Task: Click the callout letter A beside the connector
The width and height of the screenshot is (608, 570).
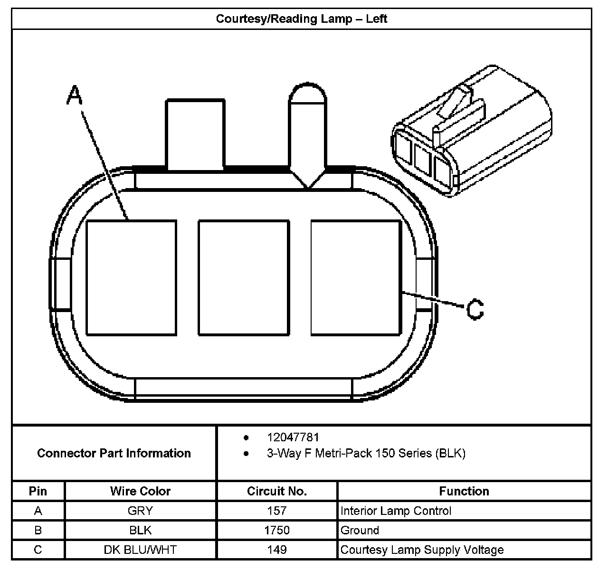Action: tap(74, 95)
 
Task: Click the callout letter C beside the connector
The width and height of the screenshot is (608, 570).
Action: tap(475, 309)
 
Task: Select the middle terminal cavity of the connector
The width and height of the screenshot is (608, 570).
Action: tap(244, 278)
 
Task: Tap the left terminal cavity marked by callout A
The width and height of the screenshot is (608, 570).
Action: tap(131, 278)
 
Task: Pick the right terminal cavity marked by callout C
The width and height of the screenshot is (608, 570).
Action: tap(356, 278)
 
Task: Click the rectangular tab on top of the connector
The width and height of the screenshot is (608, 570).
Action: tap(195, 134)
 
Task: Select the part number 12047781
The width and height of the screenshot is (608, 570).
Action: tap(293, 437)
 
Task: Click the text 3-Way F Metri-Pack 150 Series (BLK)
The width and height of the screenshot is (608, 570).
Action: tap(366, 453)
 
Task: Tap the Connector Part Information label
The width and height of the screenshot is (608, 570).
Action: tap(114, 453)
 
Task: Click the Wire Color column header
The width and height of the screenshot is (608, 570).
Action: tap(140, 491)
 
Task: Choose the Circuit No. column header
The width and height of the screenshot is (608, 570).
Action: tap(277, 491)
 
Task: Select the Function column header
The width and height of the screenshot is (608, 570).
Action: tap(464, 491)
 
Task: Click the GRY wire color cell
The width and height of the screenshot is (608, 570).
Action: tap(140, 511)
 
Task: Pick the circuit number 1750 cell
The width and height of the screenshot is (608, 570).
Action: tap(277, 530)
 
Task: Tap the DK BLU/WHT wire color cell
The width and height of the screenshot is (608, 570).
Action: tap(140, 550)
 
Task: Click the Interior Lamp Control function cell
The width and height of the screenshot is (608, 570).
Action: tap(396, 511)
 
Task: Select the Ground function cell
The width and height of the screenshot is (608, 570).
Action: tap(360, 530)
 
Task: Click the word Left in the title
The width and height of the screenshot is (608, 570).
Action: tap(377, 19)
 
